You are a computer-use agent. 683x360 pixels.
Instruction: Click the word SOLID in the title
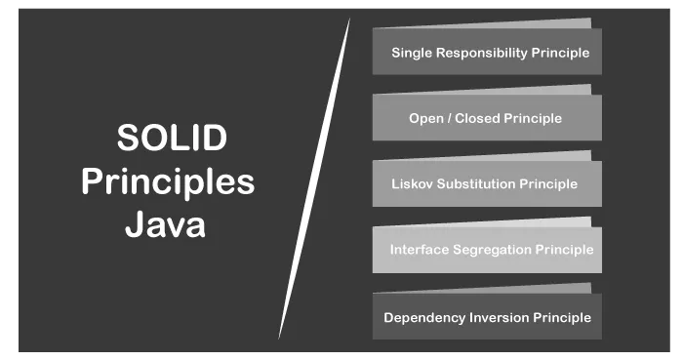click(x=172, y=138)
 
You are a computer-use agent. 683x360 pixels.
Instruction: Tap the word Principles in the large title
click(x=168, y=181)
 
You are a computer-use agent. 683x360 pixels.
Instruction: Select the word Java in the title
click(x=165, y=225)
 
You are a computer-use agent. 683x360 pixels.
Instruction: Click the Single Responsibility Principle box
click(x=487, y=52)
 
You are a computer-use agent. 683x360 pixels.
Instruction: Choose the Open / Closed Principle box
click(x=486, y=118)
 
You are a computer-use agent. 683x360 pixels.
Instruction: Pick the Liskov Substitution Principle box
click(x=486, y=183)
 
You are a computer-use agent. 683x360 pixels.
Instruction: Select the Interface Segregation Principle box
click(x=487, y=249)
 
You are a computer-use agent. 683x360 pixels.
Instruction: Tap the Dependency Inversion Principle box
click(x=487, y=317)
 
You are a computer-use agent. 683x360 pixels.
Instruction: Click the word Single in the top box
click(x=411, y=53)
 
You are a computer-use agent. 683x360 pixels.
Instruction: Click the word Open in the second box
click(x=424, y=118)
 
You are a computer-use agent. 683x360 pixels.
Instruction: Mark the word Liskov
click(x=411, y=183)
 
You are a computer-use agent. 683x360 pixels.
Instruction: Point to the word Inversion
click(x=495, y=317)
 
